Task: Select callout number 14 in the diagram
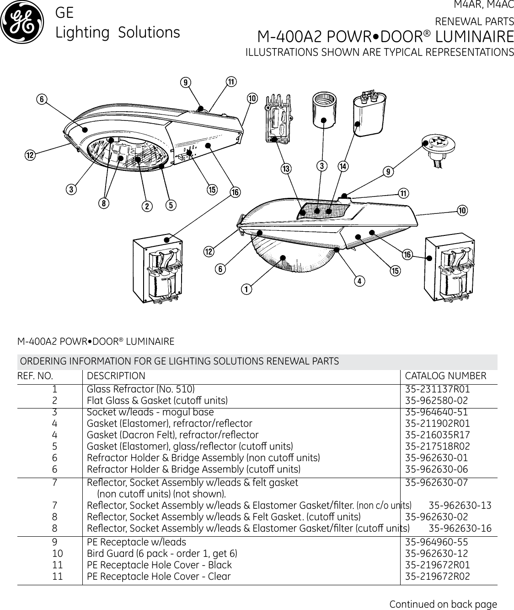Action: (x=343, y=165)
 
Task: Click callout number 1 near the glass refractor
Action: (x=246, y=289)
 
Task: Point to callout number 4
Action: (x=360, y=281)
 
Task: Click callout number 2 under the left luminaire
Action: (x=147, y=206)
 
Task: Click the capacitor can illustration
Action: (x=369, y=113)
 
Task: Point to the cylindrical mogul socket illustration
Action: (x=325, y=110)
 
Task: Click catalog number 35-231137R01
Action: (x=438, y=390)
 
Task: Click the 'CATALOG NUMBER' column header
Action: (x=446, y=376)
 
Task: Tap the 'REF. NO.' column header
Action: (x=35, y=376)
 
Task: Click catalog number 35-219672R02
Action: (x=438, y=576)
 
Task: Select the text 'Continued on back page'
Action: (x=443, y=604)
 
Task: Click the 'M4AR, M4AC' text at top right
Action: (x=483, y=6)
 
